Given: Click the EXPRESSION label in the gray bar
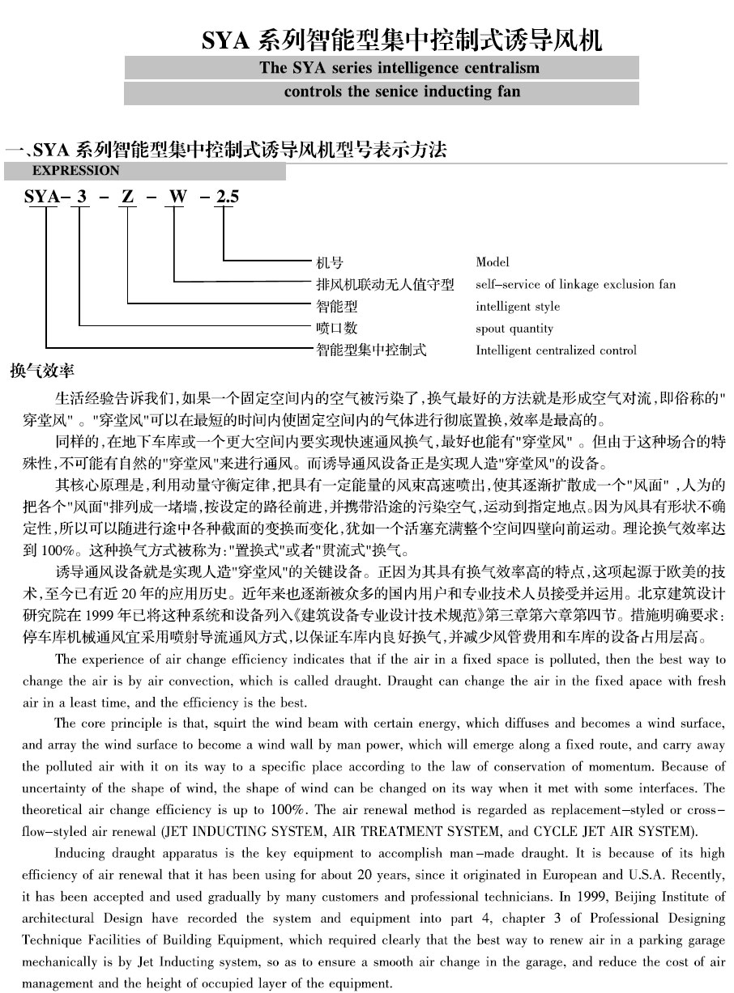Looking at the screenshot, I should [75, 171].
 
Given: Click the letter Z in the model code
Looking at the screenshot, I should [127, 196].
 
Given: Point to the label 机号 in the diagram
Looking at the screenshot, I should [329, 262].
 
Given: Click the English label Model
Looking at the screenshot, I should [493, 262].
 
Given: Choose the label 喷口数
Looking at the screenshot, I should [336, 329].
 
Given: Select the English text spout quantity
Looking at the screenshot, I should [514, 329].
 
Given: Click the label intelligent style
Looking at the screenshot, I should [518, 307].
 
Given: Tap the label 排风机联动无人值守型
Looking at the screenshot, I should [385, 285].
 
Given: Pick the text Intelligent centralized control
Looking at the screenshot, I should [556, 350].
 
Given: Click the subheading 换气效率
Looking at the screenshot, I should [42, 372].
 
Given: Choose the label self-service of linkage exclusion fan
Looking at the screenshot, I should [575, 285].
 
